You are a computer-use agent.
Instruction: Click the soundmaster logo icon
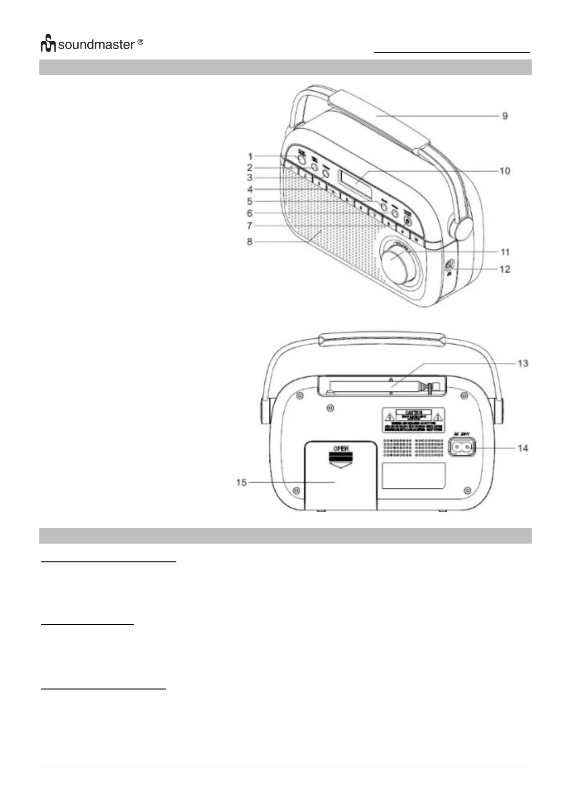pos(48,44)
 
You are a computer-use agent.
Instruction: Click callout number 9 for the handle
pos(504,116)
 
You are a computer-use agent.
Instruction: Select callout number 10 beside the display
pos(504,171)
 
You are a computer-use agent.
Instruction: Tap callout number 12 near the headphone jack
pos(504,269)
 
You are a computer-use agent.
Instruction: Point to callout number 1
pos(250,156)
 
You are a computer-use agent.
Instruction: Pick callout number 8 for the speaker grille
pos(250,242)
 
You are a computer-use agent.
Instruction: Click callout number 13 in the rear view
pos(523,363)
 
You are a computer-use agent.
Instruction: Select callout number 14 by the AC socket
pos(523,448)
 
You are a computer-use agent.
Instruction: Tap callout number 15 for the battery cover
pos(241,482)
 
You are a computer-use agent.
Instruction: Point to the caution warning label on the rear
pos(413,419)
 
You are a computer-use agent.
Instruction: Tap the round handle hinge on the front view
pos(459,228)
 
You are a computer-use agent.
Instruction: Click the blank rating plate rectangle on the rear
pos(414,475)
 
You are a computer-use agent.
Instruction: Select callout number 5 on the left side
pos(250,202)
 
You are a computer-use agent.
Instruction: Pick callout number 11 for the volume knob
pos(504,252)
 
